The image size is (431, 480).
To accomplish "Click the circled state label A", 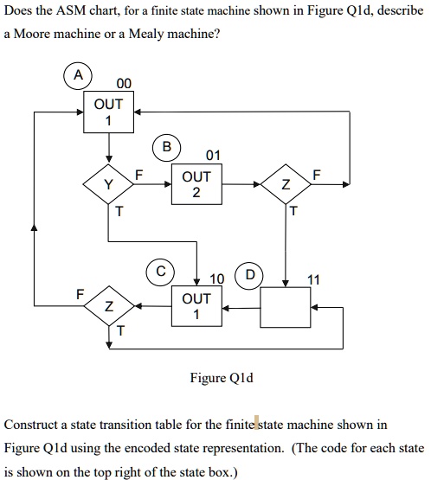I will (x=79, y=76).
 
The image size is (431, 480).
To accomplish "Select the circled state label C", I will (x=162, y=271).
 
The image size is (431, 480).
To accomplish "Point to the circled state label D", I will (x=250, y=277).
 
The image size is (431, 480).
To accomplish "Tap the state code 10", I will (x=216, y=278).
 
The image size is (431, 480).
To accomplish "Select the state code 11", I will (x=313, y=278).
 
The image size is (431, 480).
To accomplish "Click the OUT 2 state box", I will (x=196, y=183).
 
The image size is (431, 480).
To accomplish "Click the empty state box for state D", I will (x=285, y=306).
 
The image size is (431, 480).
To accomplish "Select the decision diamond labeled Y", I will (x=108, y=184).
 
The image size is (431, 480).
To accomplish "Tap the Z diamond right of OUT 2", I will (x=286, y=184).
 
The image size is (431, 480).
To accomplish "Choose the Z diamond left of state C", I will (x=108, y=306).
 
